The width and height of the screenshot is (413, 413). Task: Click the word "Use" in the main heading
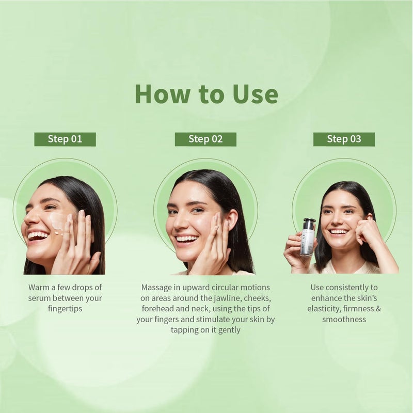click(x=255, y=94)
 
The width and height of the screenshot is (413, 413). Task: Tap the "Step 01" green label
click(x=65, y=139)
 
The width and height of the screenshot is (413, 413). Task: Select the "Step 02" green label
click(x=205, y=139)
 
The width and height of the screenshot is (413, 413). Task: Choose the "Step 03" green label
click(x=344, y=139)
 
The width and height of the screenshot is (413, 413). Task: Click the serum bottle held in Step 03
click(x=307, y=237)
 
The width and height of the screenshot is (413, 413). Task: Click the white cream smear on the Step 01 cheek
click(x=57, y=221)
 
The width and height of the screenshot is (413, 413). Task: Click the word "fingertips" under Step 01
click(x=65, y=309)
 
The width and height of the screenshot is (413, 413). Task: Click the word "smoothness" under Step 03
click(x=344, y=319)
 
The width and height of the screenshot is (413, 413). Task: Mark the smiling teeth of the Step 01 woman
click(x=38, y=235)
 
